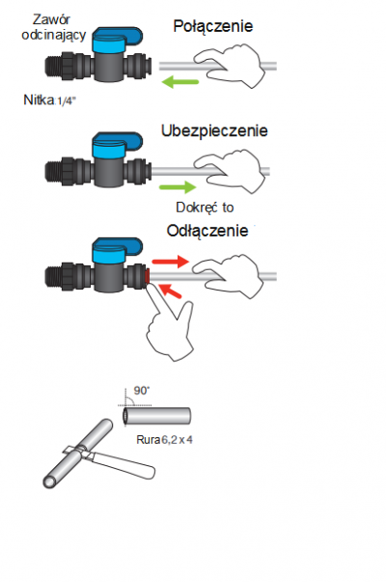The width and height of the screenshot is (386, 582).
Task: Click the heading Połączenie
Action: tap(213, 27)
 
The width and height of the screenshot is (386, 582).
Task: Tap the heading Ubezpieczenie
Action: tap(214, 130)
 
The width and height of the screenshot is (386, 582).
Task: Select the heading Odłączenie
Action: tap(207, 231)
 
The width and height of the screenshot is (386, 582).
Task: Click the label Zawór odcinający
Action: tap(53, 27)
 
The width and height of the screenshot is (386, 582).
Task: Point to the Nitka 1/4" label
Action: tap(49, 99)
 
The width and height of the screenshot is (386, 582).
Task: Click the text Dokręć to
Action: tap(205, 208)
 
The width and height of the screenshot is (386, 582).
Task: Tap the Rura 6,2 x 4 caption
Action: tap(164, 440)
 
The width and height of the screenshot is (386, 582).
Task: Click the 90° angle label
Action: tap(142, 391)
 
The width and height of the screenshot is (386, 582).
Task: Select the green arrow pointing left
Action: tap(180, 82)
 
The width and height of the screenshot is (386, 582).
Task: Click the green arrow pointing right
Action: tap(178, 186)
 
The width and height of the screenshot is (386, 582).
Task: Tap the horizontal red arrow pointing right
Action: tap(171, 262)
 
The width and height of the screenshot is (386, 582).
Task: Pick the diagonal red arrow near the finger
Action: tap(170, 291)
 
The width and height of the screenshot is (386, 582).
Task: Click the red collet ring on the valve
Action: tap(147, 277)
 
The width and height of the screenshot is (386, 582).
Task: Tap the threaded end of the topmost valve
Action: tap(53, 68)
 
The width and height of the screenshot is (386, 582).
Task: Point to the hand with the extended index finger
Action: tap(169, 324)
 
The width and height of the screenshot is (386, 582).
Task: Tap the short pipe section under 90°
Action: tap(156, 416)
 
